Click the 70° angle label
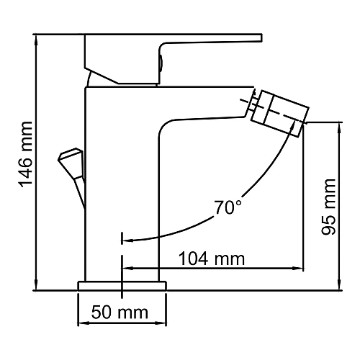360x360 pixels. [x=228, y=208]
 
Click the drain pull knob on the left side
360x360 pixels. [x=71, y=157]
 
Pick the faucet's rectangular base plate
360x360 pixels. [x=123, y=287]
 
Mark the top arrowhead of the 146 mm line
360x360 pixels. [x=35, y=37]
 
